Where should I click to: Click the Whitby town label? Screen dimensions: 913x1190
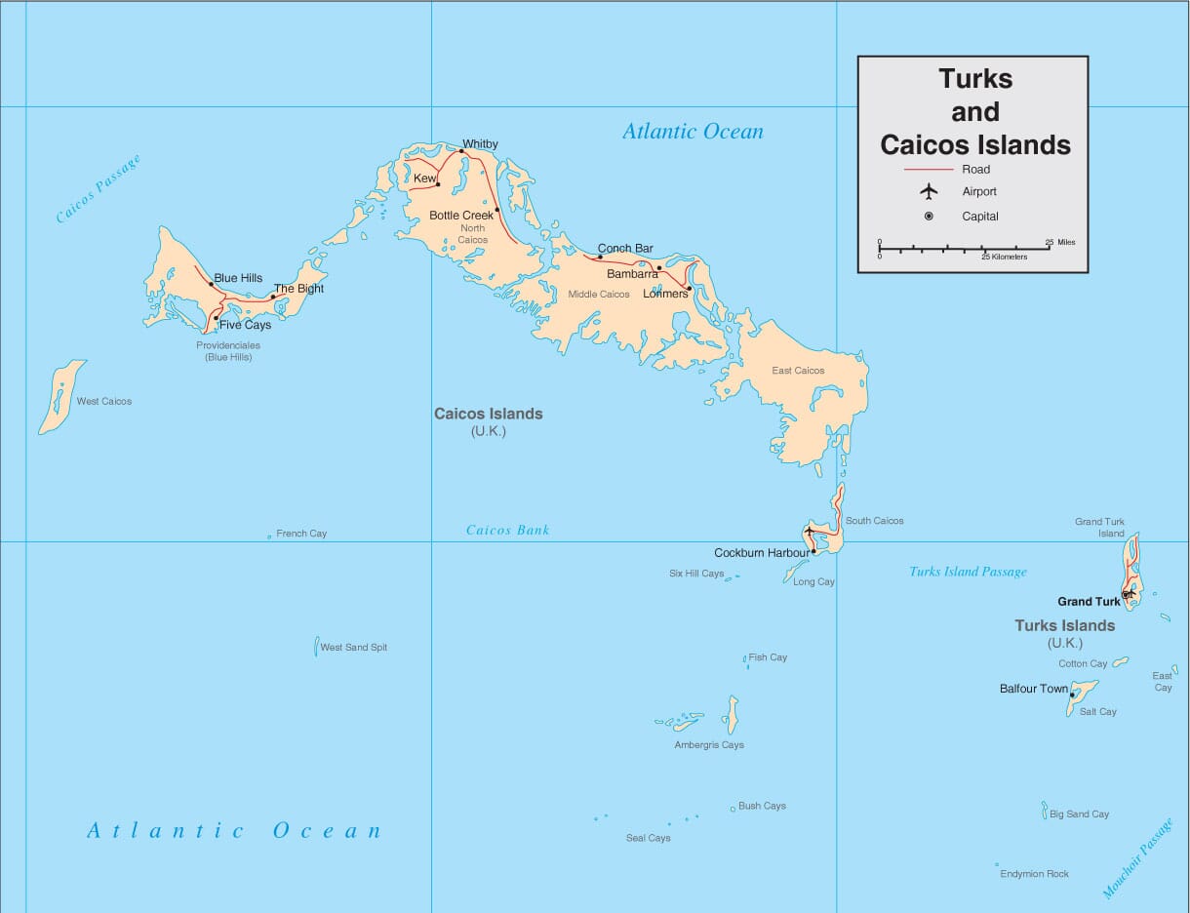click(480, 144)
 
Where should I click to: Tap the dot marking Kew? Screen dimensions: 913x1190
click(439, 184)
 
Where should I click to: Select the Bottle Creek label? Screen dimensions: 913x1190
click(461, 216)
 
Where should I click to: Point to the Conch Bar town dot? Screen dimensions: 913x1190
click(600, 257)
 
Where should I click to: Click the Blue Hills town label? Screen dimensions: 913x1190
click(238, 278)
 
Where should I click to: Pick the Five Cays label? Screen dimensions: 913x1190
click(245, 325)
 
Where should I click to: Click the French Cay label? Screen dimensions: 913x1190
click(301, 534)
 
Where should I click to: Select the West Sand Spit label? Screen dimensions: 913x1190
click(354, 648)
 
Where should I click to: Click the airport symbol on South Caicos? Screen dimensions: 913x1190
click(809, 531)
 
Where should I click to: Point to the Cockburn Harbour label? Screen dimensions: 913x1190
click(762, 553)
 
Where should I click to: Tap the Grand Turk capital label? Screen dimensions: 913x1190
click(1089, 602)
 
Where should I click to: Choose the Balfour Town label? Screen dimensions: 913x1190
click(1033, 689)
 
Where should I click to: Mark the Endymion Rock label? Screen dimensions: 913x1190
click(1035, 874)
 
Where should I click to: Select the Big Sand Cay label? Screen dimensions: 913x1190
click(1079, 814)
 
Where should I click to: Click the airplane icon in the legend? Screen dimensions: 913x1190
click(929, 191)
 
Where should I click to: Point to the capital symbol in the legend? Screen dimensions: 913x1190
click(929, 217)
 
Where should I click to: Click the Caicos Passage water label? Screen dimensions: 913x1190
click(98, 188)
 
